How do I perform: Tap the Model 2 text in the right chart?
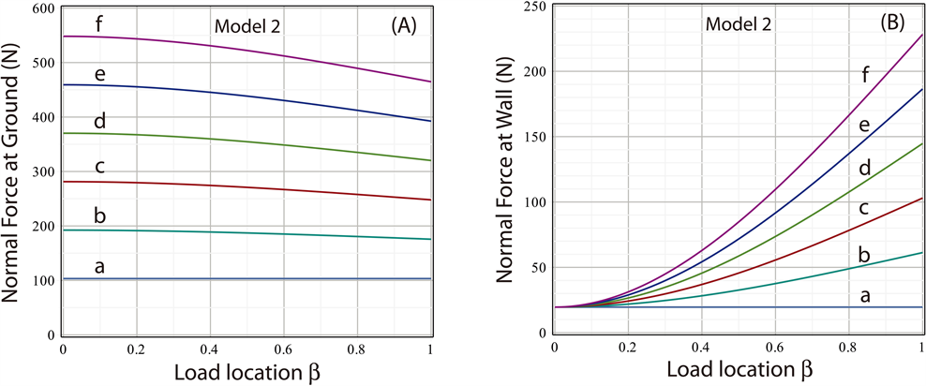click(x=739, y=24)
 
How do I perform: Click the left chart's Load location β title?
click(x=246, y=369)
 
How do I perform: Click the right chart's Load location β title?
click(x=739, y=369)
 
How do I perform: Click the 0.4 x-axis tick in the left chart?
click(x=209, y=348)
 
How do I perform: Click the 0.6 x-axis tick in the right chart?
click(x=775, y=348)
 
